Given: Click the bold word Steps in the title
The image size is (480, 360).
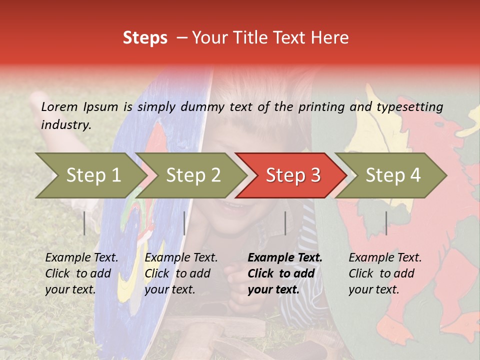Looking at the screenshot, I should tap(145, 38).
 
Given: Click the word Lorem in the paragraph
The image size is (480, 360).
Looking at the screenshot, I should tap(59, 106).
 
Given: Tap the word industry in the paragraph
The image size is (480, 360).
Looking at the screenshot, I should tap(66, 124).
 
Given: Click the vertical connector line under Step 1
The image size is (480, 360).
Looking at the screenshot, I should tap(84, 223).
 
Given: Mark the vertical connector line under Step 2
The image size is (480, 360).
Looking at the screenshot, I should tap(184, 223).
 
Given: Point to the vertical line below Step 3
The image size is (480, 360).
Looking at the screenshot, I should tap(285, 223).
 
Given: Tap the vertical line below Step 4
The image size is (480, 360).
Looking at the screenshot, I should tap(386, 223).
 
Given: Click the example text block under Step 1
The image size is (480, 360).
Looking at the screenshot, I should tap(81, 273).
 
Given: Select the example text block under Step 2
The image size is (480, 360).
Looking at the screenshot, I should tap(181, 273).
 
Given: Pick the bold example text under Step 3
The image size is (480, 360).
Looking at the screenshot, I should tap(285, 273).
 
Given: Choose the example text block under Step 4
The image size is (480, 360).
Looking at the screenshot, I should tap(385, 273).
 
